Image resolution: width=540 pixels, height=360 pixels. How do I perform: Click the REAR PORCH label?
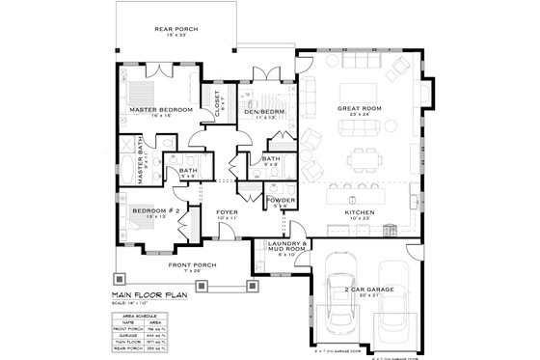point(176,28)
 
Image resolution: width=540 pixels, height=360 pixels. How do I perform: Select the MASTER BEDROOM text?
point(160,111)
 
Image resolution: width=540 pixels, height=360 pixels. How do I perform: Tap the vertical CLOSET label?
point(218,100)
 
